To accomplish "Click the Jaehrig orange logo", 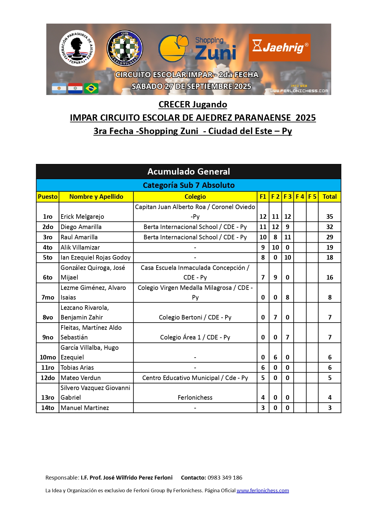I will (279, 47).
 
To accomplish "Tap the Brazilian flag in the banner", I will (91, 88).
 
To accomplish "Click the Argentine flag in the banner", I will (59, 88).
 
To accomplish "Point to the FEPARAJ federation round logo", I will (77, 48).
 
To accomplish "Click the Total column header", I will (329, 197).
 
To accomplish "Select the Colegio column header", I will (195, 197).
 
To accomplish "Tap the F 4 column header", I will (300, 197).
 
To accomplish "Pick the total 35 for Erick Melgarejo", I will (329, 217).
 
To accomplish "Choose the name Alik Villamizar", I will (80, 247).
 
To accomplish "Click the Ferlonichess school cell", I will (195, 398).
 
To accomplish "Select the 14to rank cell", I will (48, 408).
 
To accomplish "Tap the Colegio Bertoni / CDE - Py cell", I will (195, 317).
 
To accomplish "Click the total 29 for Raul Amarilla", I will (329, 237).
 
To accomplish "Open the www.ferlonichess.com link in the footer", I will (262, 490).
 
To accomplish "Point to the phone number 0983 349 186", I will (225, 478).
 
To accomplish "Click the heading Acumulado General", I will (188, 172).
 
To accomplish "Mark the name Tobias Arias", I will (77, 368).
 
